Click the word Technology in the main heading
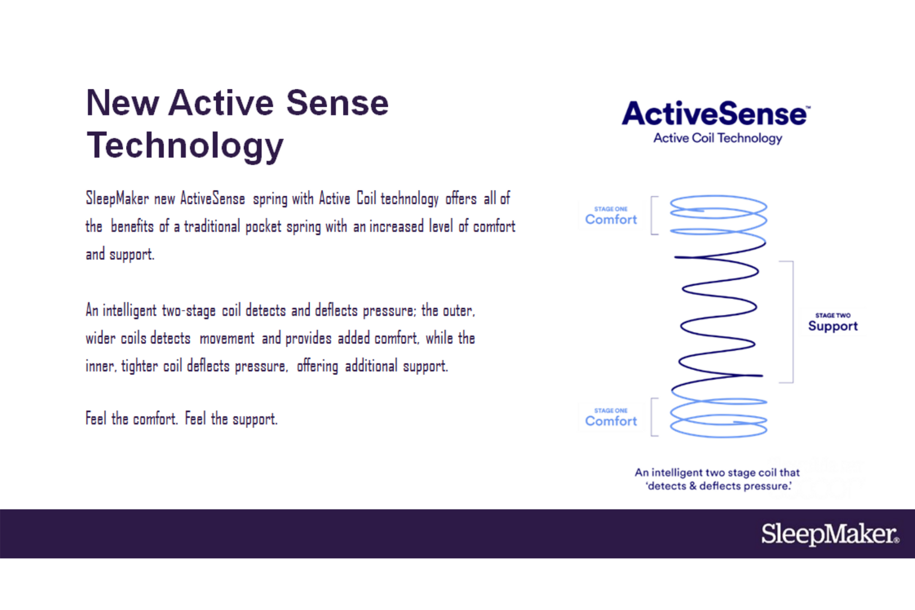[185, 146]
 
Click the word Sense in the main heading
[337, 103]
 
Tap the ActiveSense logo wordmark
[715, 113]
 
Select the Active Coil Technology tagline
[718, 138]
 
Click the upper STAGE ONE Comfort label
[611, 215]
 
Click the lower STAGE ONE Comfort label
[611, 417]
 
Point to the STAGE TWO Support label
[833, 322]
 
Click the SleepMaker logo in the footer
[830, 534]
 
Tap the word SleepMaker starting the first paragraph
[117, 199]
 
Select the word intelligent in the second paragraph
[129, 311]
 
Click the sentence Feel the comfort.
[132, 419]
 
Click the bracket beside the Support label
[793, 322]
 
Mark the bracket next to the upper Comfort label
[652, 215]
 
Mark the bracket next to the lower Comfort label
[652, 417]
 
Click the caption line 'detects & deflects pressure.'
[718, 486]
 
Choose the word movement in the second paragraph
[227, 339]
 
